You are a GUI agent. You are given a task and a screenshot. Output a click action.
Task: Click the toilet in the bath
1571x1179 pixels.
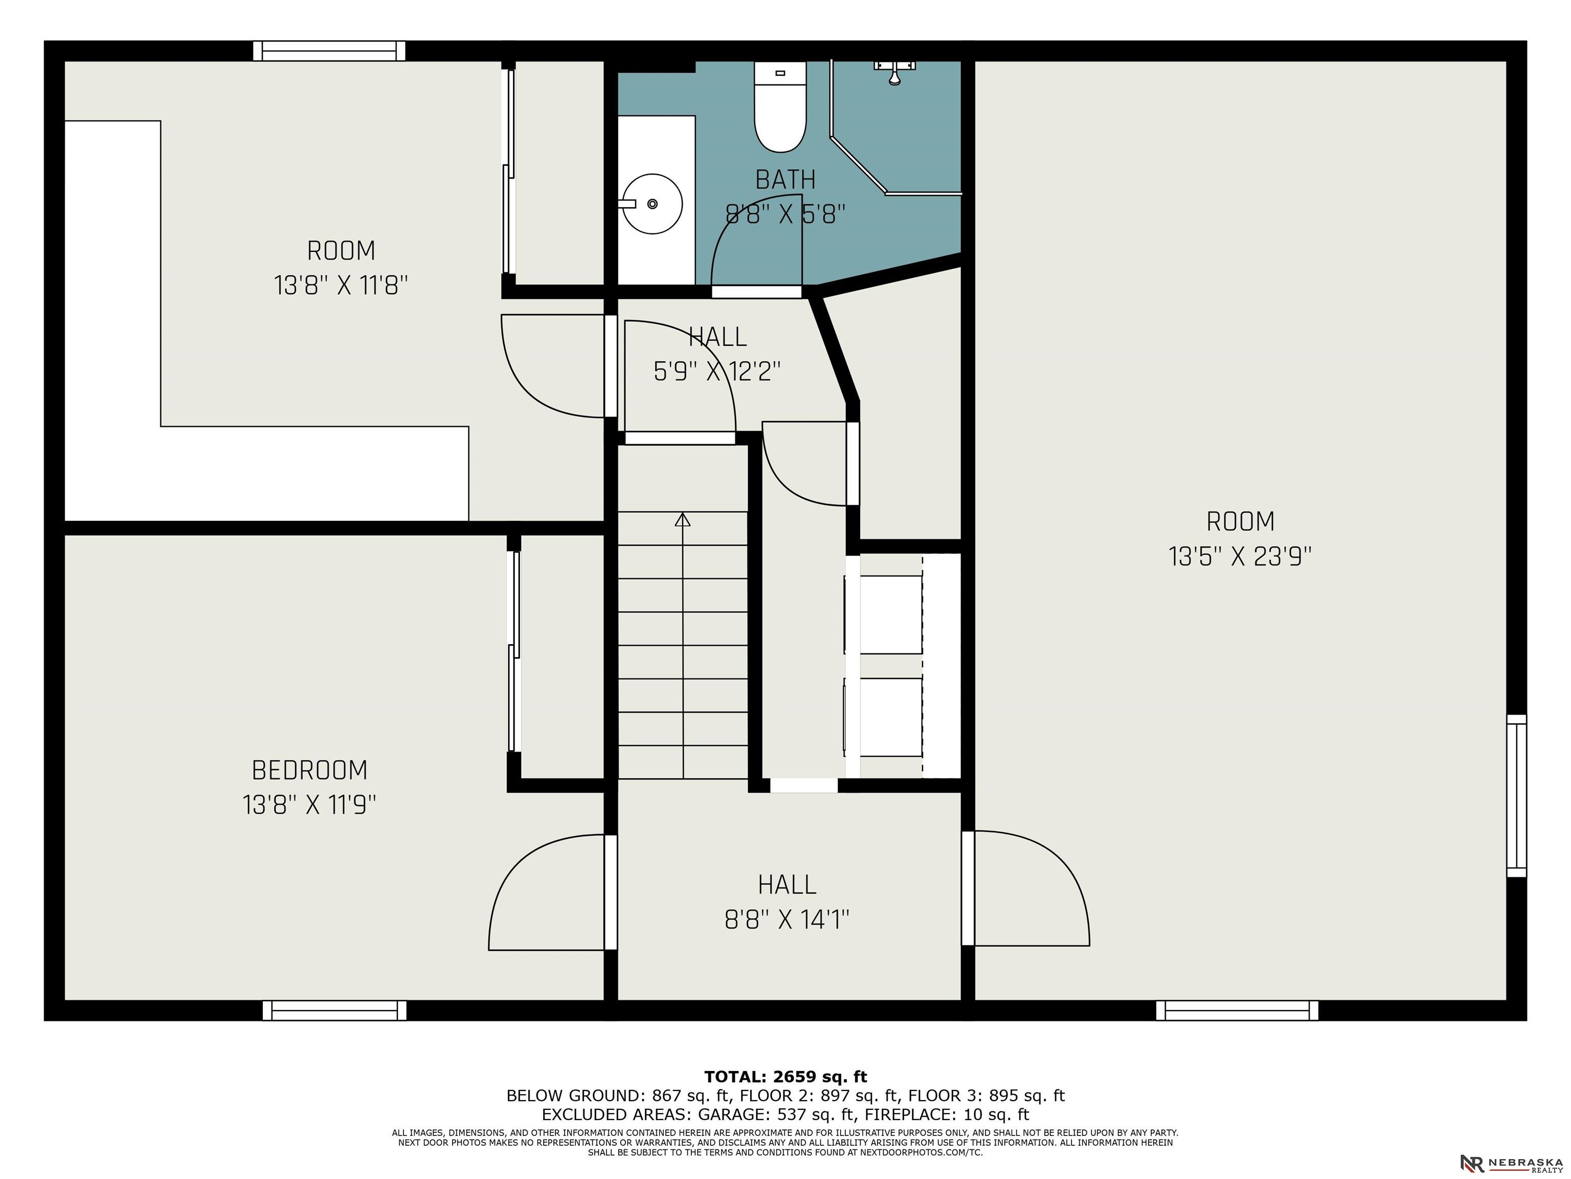point(780,106)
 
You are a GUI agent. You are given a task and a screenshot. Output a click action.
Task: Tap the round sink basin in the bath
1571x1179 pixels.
point(653,204)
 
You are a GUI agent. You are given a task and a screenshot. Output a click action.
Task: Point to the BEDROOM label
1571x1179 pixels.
point(310,770)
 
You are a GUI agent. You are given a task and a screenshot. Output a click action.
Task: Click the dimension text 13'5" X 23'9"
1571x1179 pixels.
point(1240,556)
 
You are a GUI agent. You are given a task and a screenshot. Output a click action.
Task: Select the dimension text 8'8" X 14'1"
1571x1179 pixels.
point(787,920)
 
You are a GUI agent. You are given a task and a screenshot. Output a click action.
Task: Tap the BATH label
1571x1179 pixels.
point(785,179)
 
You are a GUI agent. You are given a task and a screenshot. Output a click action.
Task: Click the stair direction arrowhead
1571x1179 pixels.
point(683,519)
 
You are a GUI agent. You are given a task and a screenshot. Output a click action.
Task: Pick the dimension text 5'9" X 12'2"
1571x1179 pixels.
point(717,371)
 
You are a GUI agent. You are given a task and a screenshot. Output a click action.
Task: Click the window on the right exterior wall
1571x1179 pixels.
point(1516,795)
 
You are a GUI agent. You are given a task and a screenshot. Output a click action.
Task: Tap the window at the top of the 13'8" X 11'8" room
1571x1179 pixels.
point(329,51)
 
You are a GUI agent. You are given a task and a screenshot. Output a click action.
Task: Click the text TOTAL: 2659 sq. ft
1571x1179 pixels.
point(785,1077)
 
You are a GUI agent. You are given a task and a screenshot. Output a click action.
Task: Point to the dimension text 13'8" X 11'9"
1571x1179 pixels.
point(310,805)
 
